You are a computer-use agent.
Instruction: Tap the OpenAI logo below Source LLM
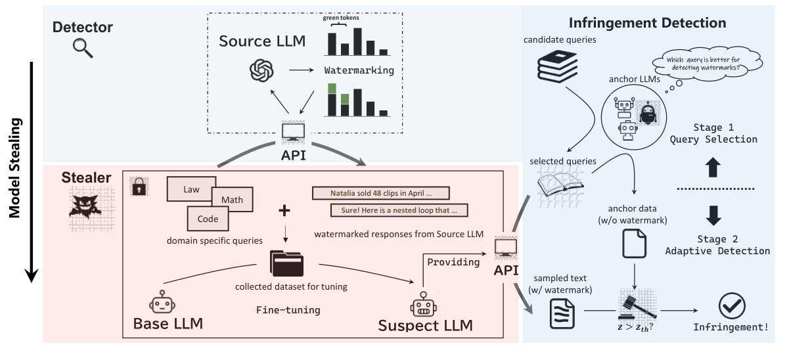pyautogui.click(x=261, y=70)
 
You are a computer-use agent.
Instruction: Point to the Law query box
pyautogui.click(x=191, y=189)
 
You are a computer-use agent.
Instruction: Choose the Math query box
pyautogui.click(x=232, y=198)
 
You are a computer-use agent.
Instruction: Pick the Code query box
pyautogui.click(x=209, y=219)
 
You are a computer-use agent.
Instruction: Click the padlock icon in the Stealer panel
pyautogui.click(x=139, y=187)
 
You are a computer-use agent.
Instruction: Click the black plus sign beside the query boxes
pyautogui.click(x=284, y=211)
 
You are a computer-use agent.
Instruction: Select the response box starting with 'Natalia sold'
pyautogui.click(x=380, y=193)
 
